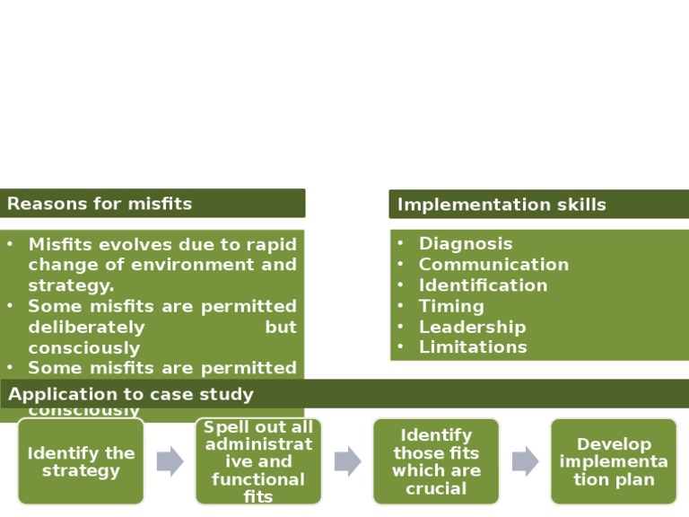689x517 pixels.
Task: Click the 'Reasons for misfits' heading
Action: point(100,204)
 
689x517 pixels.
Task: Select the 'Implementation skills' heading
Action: point(501,205)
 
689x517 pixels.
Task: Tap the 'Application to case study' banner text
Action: point(131,394)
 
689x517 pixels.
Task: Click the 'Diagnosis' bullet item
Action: point(466,243)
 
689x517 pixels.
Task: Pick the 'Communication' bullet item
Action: point(493,264)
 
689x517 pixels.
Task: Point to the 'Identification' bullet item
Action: point(483,285)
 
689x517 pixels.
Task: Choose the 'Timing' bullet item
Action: point(451,306)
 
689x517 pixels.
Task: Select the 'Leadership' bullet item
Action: point(472,327)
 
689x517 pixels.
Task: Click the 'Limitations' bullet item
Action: point(473,347)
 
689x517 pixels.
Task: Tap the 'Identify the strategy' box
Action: point(81,461)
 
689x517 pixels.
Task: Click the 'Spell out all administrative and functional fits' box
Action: point(258,461)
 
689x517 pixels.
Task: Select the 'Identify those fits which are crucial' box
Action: point(436,461)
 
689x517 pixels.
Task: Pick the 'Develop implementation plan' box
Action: point(614,461)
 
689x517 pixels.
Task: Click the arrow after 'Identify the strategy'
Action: point(170,461)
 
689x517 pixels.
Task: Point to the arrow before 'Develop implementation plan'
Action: point(525,461)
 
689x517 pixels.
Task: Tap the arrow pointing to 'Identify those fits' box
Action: point(347,461)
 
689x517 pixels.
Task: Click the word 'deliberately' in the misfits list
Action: point(86,327)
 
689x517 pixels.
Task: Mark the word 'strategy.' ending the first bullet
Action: point(71,285)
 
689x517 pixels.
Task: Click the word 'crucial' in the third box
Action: point(436,488)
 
